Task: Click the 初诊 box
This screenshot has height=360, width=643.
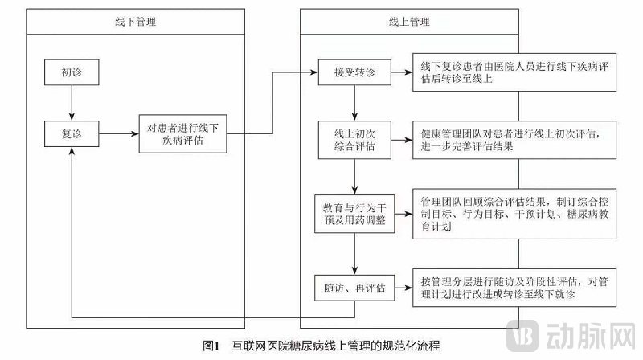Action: point(72,72)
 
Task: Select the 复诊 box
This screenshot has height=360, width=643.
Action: point(72,131)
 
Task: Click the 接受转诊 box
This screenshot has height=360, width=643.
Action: point(354,72)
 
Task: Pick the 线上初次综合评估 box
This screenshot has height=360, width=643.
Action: point(354,139)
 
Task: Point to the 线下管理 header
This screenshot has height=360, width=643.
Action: point(135,22)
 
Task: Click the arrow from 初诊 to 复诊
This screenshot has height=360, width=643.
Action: point(72,101)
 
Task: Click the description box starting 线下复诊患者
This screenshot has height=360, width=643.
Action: point(515,74)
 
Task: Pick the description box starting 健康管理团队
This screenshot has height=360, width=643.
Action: point(515,139)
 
